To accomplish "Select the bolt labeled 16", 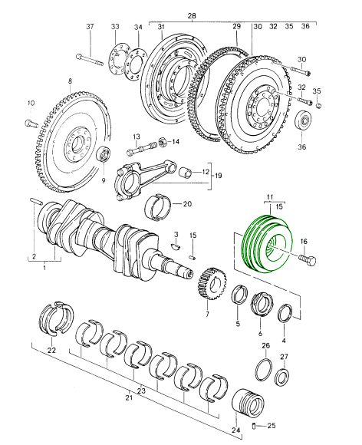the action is coord(308,259).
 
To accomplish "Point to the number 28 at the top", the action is coord(192,15).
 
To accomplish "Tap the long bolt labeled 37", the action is coord(90,60).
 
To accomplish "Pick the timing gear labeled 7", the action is coord(213,284).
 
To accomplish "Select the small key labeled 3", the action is coord(176,246).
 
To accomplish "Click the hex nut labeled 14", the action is coord(163,141).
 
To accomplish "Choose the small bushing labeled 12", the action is coord(186,172).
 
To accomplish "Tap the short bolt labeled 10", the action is coord(31,124).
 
